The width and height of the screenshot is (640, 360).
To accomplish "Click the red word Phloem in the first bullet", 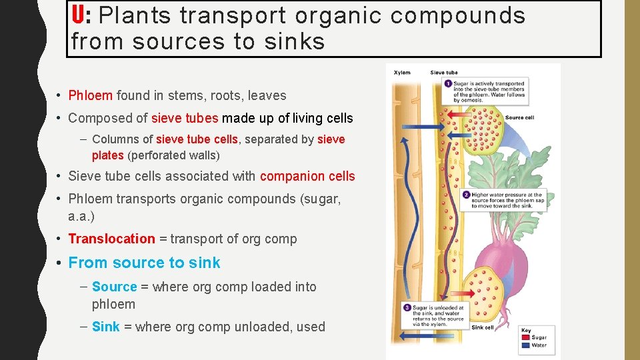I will pyautogui.click(x=91, y=95).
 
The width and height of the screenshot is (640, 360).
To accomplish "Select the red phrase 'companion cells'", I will pyautogui.click(x=307, y=176).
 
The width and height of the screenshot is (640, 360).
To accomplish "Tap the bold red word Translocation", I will pyautogui.click(x=111, y=239).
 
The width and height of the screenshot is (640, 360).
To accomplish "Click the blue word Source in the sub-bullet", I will pyautogui.click(x=114, y=287).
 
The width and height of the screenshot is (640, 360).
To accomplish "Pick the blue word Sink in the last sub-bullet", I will pyautogui.click(x=106, y=327).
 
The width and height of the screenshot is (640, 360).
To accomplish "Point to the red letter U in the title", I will pyautogui.click(x=77, y=15).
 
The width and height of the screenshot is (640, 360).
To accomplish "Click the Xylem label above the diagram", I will pyautogui.click(x=402, y=73).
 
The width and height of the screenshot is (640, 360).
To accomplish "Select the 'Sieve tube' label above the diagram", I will pyautogui.click(x=443, y=73).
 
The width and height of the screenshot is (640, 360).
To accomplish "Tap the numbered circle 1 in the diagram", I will pyautogui.click(x=447, y=83).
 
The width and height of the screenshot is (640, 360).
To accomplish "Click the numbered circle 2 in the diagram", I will pyautogui.click(x=466, y=195).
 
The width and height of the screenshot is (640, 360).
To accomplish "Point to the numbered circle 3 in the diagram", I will pyautogui.click(x=407, y=307).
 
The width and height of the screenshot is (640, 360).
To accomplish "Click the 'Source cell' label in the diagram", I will pyautogui.click(x=519, y=118).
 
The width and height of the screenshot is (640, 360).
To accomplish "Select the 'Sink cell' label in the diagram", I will pyautogui.click(x=483, y=327).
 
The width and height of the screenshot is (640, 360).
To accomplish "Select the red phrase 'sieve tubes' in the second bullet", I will pyautogui.click(x=185, y=118).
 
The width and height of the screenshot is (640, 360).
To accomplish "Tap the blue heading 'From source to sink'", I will pyautogui.click(x=144, y=263).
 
